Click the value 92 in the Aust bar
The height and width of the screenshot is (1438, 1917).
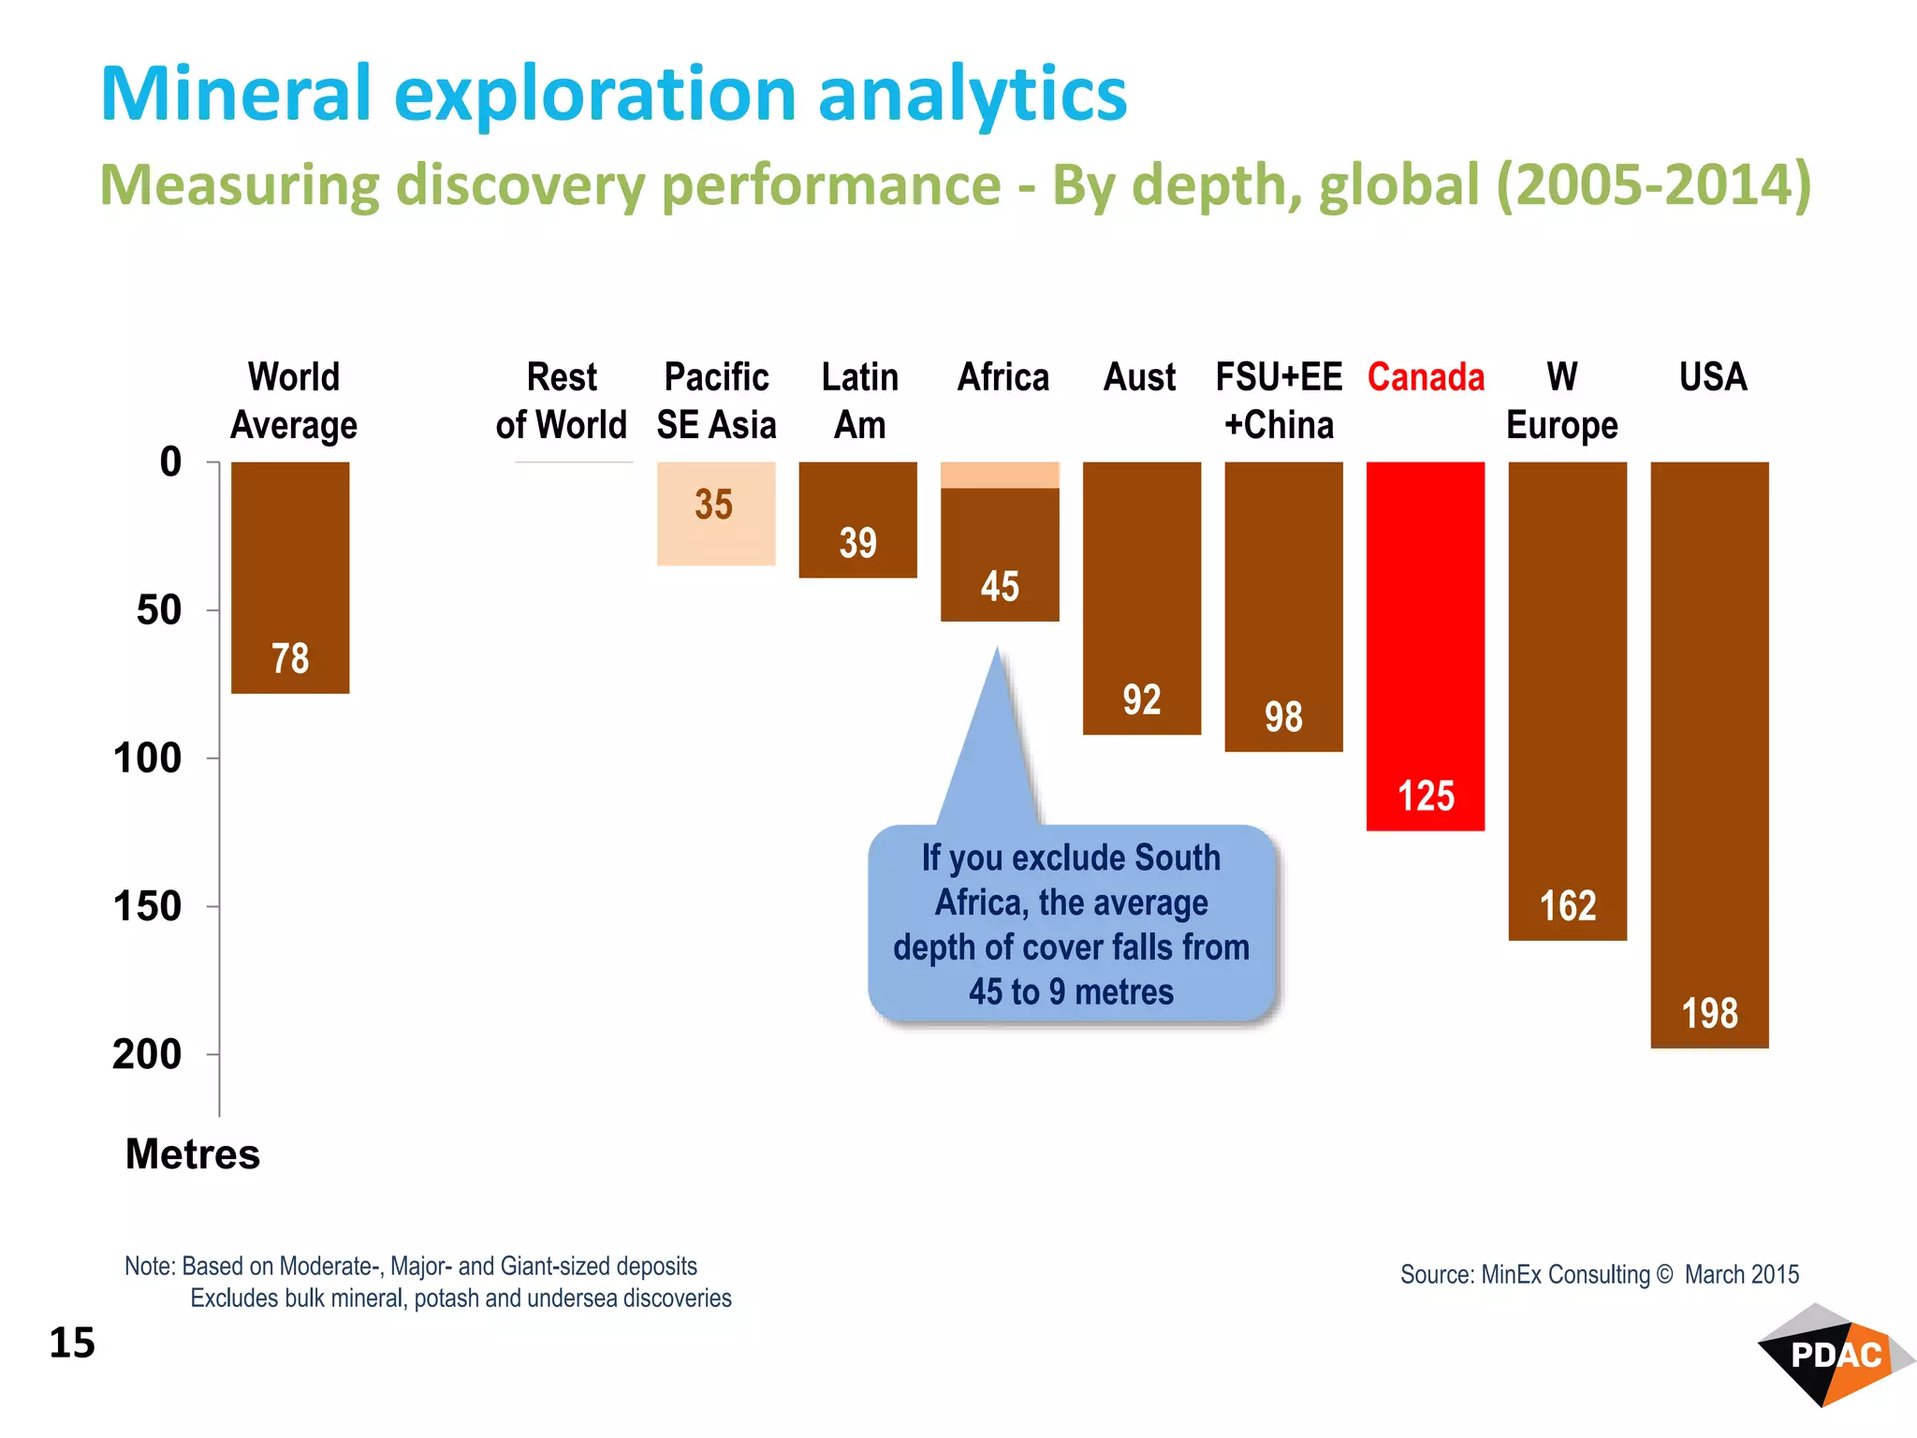1141,700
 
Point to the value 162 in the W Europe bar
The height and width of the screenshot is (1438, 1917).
1567,905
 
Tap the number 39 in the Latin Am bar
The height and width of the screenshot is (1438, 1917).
857,543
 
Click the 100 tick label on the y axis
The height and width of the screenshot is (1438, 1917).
147,757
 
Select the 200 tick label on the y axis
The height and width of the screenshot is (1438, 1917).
147,1054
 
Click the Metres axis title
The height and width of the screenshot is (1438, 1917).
193,1153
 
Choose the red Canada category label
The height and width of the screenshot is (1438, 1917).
1425,377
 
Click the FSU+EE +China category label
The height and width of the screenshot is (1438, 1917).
1279,401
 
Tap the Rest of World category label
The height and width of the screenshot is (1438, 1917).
562,401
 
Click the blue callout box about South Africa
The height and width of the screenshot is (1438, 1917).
1071,924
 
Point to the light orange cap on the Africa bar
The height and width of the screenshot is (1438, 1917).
1000,475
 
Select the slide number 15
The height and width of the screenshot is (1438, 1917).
72,1343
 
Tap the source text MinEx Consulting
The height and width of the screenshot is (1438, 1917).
1565,1274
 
